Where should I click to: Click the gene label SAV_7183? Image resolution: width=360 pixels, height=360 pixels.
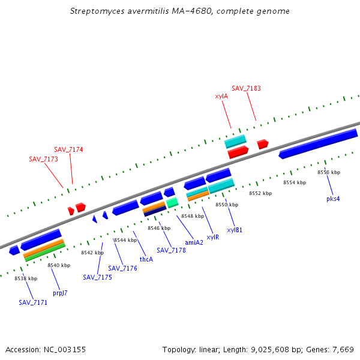click(x=246, y=88)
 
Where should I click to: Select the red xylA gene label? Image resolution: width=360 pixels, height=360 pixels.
click(x=221, y=96)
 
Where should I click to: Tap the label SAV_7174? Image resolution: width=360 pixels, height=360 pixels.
click(x=68, y=149)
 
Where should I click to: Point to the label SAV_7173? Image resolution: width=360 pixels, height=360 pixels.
click(x=43, y=159)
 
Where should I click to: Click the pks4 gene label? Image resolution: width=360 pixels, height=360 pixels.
click(x=333, y=199)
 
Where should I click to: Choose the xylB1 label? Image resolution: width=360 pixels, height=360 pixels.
click(x=235, y=230)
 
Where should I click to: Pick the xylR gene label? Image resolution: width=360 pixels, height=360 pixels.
click(x=213, y=237)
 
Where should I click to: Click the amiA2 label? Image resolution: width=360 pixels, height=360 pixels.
click(x=194, y=242)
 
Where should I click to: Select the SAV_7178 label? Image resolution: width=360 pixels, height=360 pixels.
click(x=171, y=250)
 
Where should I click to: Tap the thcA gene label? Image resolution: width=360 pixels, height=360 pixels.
click(x=146, y=259)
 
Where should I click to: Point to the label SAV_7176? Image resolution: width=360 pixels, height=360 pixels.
click(x=122, y=268)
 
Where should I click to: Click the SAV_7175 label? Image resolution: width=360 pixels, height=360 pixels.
click(x=97, y=277)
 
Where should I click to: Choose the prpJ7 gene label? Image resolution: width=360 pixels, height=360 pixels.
click(x=60, y=293)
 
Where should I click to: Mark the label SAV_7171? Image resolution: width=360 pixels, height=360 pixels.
click(x=33, y=302)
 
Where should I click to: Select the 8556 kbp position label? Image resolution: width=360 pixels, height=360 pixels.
click(x=329, y=172)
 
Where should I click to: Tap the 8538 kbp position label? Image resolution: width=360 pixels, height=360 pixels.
click(x=26, y=278)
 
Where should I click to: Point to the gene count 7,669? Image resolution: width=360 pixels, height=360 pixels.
click(x=343, y=349)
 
